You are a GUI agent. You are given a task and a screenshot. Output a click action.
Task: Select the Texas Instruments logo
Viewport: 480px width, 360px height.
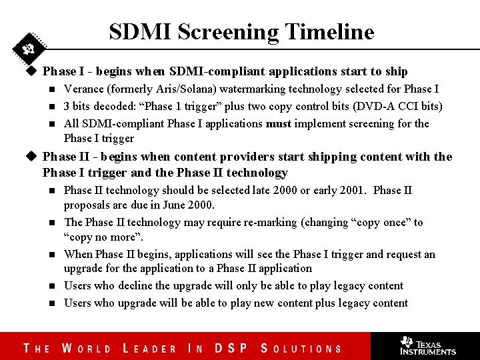tap(427, 345)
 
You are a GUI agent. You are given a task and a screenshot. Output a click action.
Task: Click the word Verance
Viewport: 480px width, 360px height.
tap(83, 89)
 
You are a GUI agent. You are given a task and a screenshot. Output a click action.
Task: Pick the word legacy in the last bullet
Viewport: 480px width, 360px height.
tap(353, 303)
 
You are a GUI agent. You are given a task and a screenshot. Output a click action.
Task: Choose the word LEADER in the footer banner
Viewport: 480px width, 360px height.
tap(150, 348)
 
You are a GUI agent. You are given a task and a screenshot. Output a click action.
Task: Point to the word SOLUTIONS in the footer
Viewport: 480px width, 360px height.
tap(301, 348)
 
